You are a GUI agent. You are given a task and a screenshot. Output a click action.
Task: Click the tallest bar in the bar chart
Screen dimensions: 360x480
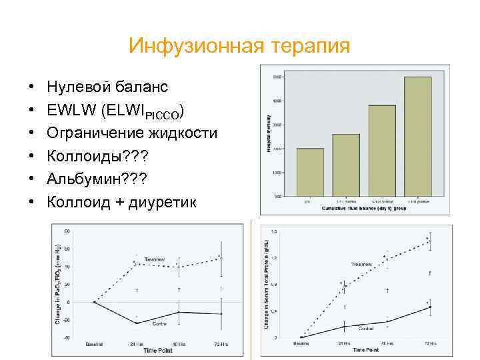418,136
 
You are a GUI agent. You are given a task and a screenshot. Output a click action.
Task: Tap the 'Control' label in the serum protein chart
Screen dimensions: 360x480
367,329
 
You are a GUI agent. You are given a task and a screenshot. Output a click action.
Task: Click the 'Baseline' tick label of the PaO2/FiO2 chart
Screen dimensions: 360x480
94,344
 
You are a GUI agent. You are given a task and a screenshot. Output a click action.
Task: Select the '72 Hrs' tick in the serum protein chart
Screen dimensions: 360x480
430,343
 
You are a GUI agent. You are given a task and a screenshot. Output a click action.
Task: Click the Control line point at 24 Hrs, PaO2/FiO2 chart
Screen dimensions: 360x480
136,323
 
